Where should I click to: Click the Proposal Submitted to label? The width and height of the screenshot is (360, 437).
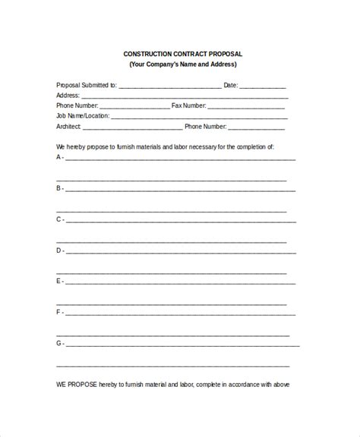[x=86, y=86]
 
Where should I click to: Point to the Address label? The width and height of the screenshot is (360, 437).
[x=68, y=96]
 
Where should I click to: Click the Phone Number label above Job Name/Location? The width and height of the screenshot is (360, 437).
[x=77, y=106]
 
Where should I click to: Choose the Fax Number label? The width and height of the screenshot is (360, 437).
[x=189, y=106]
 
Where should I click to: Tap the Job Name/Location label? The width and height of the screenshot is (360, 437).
[x=83, y=116]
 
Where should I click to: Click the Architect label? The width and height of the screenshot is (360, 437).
[x=69, y=127]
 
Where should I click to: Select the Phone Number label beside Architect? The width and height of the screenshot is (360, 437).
[x=205, y=127]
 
